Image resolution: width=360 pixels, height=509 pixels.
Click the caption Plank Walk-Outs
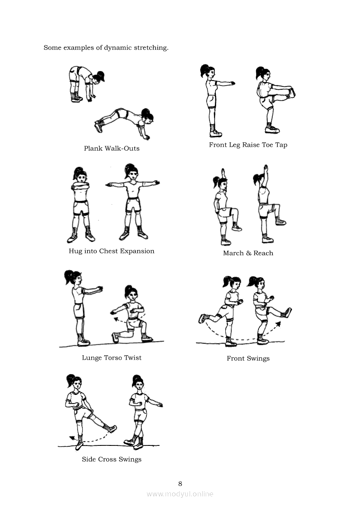[112, 148]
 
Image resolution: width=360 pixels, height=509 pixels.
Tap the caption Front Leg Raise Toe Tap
[248, 145]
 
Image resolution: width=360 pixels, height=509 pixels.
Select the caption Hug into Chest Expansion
[112, 251]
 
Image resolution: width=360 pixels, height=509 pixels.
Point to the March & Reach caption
[248, 253]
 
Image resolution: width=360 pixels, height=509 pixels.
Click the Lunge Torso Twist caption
[112, 358]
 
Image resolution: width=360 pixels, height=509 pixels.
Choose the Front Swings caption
[248, 358]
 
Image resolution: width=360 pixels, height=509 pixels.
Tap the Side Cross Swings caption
[112, 459]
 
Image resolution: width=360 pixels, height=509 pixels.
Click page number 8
[180, 484]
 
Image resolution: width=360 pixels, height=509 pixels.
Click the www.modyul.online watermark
[180, 494]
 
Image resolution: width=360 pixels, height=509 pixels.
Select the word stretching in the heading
[151, 48]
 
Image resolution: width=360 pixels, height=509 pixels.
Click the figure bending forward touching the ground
[86, 84]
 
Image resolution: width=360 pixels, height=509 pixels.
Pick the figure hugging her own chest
[81, 205]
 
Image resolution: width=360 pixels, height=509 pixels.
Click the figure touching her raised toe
[275, 100]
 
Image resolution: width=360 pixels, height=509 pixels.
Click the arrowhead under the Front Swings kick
[278, 324]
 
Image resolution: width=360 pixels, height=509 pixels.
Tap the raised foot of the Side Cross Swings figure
[112, 428]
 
